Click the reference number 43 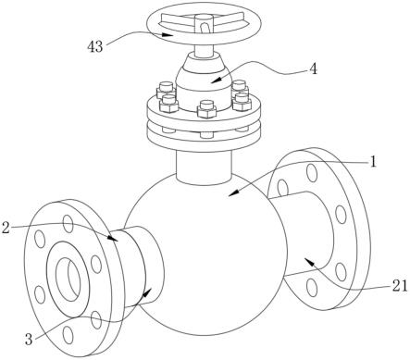94,47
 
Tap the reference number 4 313,69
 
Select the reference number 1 373,162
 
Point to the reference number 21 400,287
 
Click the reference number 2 6,228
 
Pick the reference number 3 29,340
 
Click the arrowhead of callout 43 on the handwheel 168,34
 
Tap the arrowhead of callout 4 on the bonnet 216,80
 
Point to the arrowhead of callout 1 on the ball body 233,192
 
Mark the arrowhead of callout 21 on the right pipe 309,263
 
